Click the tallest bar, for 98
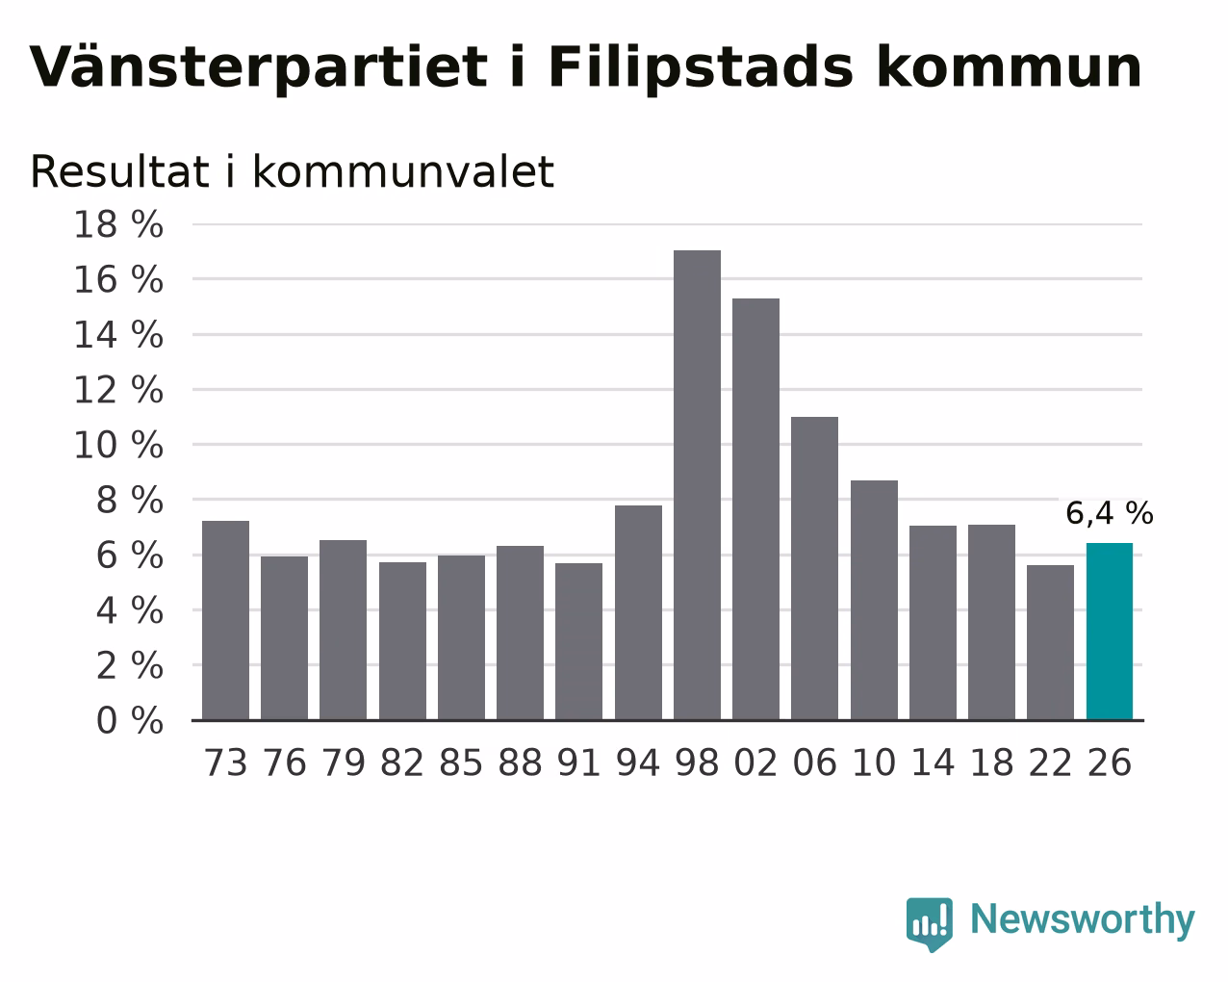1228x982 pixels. tap(697, 484)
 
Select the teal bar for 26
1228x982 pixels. tap(1110, 632)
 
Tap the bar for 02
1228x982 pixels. tap(755, 509)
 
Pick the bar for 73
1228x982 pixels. tap(225, 620)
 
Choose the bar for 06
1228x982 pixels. tap(814, 568)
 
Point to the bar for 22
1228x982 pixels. tap(1050, 642)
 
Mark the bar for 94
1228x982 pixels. tap(638, 612)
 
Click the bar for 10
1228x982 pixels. tap(874, 600)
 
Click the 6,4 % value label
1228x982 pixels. tap(1110, 513)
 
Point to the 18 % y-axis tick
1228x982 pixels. tap(118, 224)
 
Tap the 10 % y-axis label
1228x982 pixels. tap(118, 445)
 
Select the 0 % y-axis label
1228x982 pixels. tap(130, 720)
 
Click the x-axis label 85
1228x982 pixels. tap(460, 762)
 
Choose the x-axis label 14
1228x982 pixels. tap(933, 762)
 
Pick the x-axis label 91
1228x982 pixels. tap(578, 762)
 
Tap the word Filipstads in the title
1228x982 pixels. tap(701, 68)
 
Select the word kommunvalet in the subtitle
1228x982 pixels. tap(403, 171)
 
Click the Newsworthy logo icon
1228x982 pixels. tap(930, 924)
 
